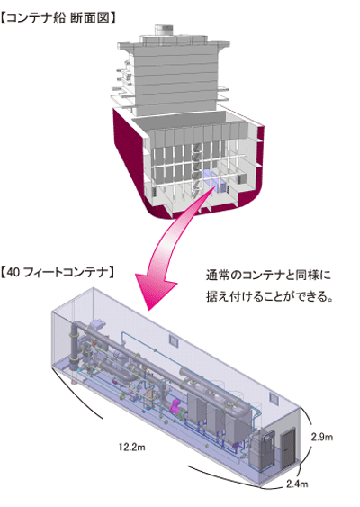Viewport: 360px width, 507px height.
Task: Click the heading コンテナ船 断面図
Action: [58, 18]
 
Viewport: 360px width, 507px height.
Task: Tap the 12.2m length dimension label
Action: [131, 448]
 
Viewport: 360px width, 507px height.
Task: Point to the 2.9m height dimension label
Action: [322, 437]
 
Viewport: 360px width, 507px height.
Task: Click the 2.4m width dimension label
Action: [297, 484]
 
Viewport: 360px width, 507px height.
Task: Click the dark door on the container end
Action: [289, 448]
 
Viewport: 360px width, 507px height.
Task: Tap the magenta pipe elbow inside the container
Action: [177, 406]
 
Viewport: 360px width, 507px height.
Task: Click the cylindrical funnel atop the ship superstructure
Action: [164, 30]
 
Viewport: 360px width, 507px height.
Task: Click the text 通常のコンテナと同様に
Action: [268, 276]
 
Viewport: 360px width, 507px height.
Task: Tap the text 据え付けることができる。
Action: [269, 296]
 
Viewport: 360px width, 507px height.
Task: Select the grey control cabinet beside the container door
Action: [260, 450]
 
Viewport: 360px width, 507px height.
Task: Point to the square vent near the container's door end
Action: [274, 399]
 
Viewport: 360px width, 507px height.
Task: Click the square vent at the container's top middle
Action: [174, 340]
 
